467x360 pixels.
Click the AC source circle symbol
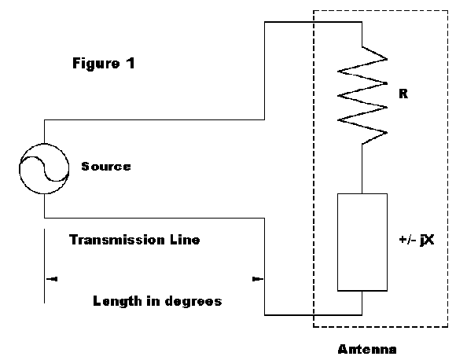point(44,144)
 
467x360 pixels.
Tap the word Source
point(106,167)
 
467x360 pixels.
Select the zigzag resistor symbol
point(362,95)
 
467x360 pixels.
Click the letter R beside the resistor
point(403,94)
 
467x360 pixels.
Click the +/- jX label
point(417,240)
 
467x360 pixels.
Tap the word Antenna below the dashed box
point(367,349)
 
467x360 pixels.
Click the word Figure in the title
point(96,64)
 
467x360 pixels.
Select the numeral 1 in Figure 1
point(131,63)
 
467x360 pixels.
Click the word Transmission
point(116,240)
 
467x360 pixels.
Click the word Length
point(117,301)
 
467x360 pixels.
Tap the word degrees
point(193,301)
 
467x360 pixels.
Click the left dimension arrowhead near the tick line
point(52,279)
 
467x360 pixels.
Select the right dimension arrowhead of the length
point(258,279)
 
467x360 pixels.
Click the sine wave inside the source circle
point(44,169)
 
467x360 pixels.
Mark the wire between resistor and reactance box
point(362,169)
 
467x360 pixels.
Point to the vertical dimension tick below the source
point(44,266)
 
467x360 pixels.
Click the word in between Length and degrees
point(153,301)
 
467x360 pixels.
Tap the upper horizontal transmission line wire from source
point(154,120)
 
